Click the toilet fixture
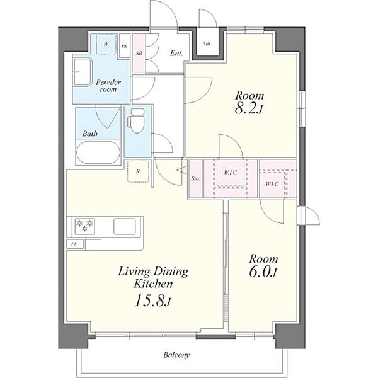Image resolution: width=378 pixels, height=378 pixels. coord(137,120)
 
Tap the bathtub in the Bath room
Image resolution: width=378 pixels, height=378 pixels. coord(98,152)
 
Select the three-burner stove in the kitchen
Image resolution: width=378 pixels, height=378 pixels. coord(84,226)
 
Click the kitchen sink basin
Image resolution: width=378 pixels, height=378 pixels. coord(124,226)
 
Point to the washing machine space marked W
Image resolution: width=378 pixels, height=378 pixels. coord(106,44)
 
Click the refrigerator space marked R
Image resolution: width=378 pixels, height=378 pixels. coord(138,171)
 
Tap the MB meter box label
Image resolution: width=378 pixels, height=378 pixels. coord(207,44)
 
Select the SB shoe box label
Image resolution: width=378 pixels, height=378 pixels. coord(139,54)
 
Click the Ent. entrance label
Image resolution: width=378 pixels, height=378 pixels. coord(176,53)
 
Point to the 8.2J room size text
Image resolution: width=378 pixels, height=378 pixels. coord(248,109)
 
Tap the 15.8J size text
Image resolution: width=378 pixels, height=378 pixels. coord(153,301)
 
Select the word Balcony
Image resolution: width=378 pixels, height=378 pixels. coord(176,355)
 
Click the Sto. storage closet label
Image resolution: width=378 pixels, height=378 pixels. coord(195,179)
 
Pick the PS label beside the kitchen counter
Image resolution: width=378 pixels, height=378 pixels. coord(74,244)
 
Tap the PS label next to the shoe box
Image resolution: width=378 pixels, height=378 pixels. coord(124,47)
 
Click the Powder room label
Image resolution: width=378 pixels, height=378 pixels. coord(108,86)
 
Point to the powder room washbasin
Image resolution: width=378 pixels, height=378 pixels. coord(83,72)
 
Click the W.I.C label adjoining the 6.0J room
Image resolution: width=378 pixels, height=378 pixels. coord(272,184)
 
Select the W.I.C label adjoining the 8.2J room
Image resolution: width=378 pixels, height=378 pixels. coord(231,173)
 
